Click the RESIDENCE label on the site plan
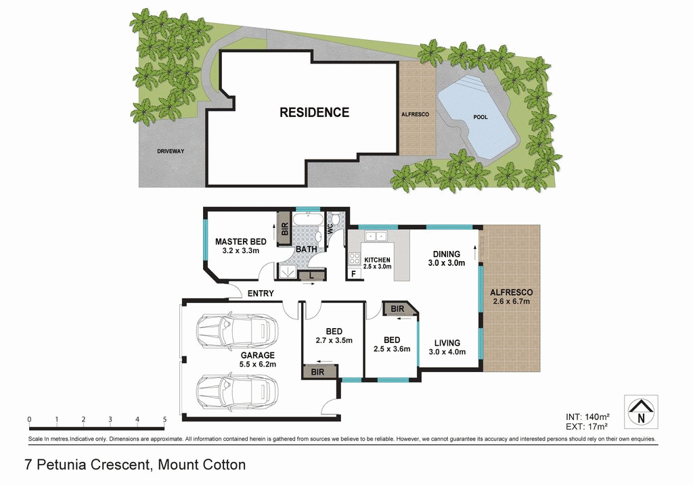pos(315,112)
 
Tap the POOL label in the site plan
pos(480,117)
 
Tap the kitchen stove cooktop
pos(355,258)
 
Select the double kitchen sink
pos(374,235)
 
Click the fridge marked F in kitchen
pos(353,274)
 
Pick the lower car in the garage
pos(237,390)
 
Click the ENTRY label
pos(261,294)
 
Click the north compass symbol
pos(640,412)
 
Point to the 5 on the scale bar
pos(164,419)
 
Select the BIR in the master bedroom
pos(285,229)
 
